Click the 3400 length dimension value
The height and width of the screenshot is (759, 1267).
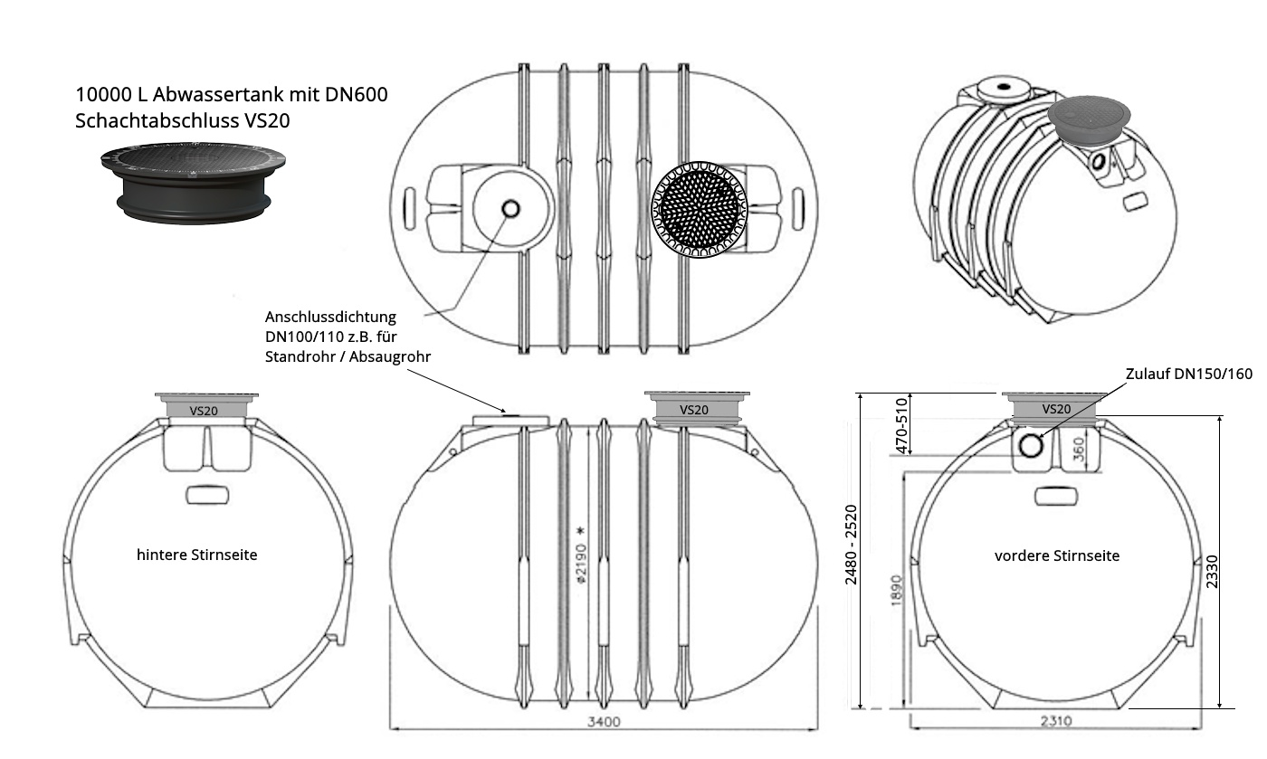[604, 721]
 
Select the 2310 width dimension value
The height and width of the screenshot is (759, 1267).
[1055, 721]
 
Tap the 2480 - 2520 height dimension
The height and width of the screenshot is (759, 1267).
[851, 544]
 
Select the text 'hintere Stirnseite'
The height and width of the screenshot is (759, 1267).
[196, 555]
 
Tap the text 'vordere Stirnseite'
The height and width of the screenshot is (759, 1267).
[1056, 555]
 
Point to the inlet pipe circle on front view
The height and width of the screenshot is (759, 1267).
[1031, 445]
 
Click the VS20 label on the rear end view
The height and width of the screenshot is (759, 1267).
[203, 410]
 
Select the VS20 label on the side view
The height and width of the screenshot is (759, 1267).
[693, 409]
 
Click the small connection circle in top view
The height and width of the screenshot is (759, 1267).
[510, 209]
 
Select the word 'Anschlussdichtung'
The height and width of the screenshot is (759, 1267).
[330, 318]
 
